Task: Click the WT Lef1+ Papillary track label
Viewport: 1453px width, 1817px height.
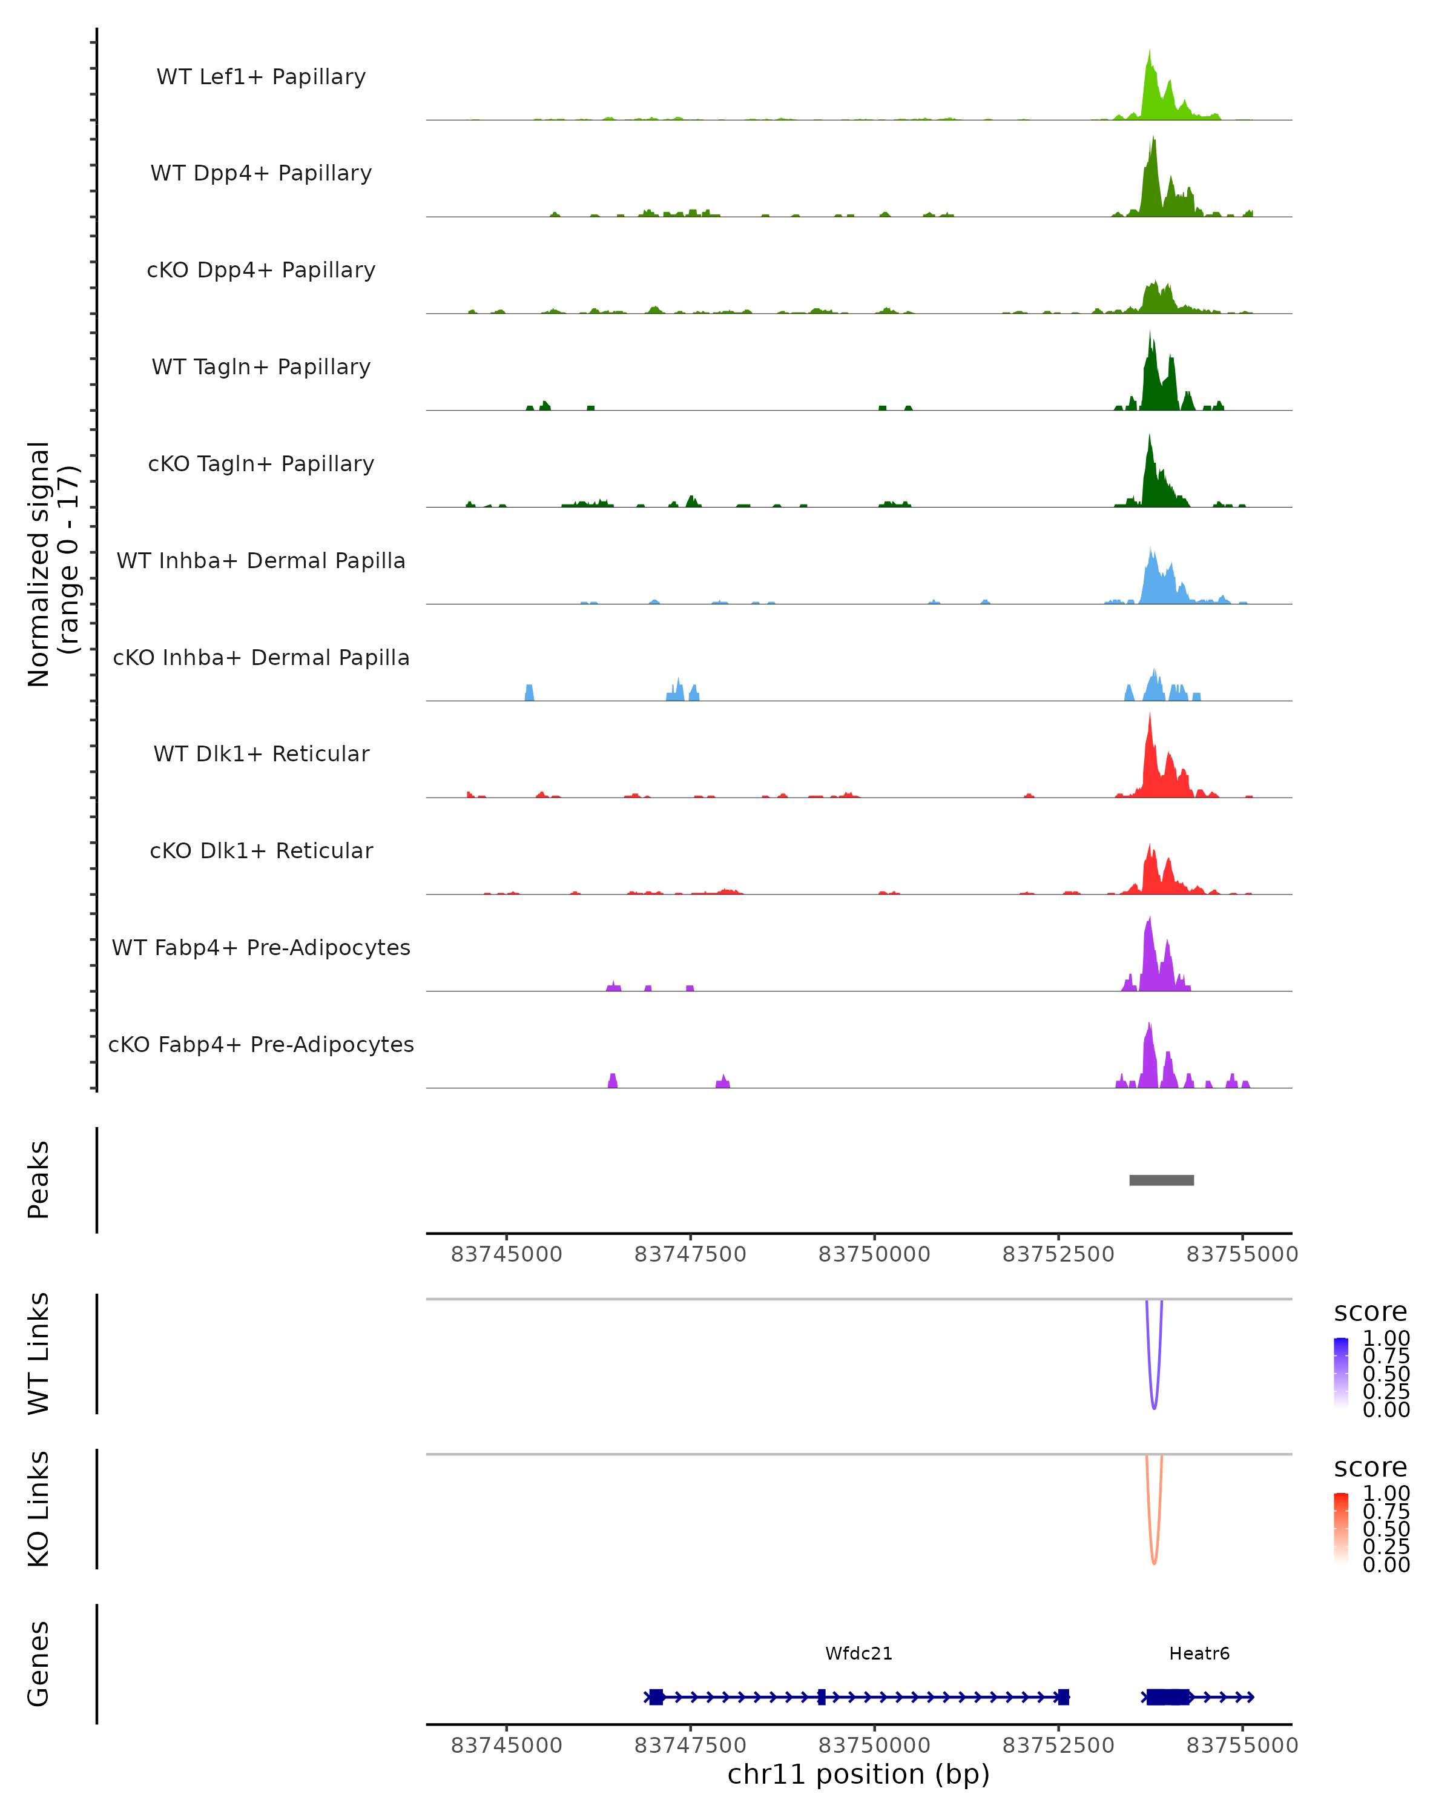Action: coord(261,77)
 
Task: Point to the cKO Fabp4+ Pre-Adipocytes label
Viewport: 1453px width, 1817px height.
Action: coord(261,1044)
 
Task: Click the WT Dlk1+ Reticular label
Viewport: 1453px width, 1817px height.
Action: coord(261,753)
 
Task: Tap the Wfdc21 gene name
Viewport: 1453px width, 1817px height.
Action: coord(858,1653)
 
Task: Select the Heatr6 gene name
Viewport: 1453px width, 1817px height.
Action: coord(1199,1653)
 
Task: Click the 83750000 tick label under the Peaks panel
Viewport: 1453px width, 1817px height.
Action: coord(874,1254)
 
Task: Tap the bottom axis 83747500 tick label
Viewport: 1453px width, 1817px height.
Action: coord(690,1746)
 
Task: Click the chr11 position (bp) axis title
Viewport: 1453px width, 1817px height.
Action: coord(858,1775)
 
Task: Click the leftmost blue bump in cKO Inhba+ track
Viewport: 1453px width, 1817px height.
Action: coord(530,693)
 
